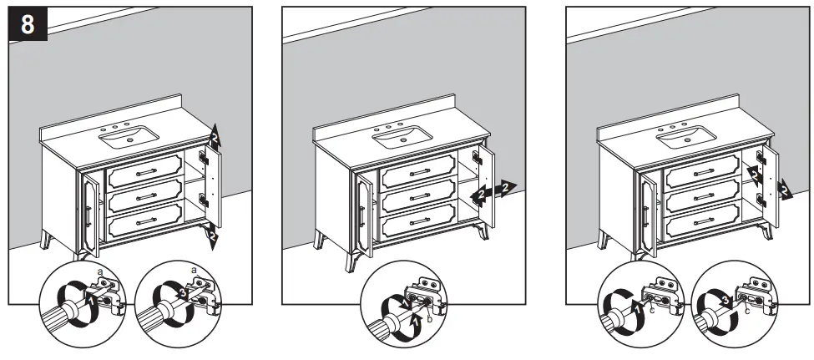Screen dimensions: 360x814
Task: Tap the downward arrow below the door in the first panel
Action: [x=214, y=236]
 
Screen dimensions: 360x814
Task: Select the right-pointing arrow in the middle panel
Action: [x=503, y=185]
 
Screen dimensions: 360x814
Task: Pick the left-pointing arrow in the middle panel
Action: [x=478, y=195]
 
